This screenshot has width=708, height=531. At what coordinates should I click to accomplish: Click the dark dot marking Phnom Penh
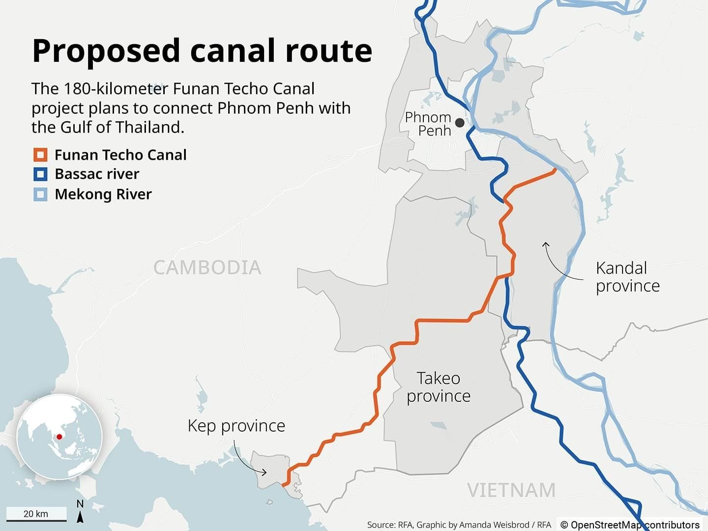pyautogui.click(x=460, y=122)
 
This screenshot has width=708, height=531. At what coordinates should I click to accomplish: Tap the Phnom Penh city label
pyautogui.click(x=428, y=124)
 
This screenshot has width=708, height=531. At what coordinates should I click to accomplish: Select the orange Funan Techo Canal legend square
pyautogui.click(x=40, y=155)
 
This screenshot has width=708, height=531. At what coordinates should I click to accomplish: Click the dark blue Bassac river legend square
pyautogui.click(x=40, y=174)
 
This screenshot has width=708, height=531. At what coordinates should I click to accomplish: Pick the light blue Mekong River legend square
pyautogui.click(x=40, y=194)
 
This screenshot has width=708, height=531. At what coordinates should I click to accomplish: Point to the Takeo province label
pyautogui.click(x=439, y=387)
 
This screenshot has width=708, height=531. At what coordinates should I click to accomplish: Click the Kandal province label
pyautogui.click(x=627, y=277)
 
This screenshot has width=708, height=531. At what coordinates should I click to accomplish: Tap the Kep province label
pyautogui.click(x=236, y=425)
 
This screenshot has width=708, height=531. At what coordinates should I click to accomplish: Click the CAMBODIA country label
pyautogui.click(x=207, y=267)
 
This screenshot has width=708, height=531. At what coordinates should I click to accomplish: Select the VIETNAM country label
pyautogui.click(x=511, y=490)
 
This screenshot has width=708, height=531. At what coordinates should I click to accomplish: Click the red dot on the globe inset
pyautogui.click(x=59, y=436)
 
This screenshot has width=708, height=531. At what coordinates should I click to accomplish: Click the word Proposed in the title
pyautogui.click(x=106, y=51)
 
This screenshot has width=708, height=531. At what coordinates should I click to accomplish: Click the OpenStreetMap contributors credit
pyautogui.click(x=630, y=525)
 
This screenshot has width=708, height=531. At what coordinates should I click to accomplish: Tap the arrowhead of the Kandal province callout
pyautogui.click(x=545, y=243)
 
